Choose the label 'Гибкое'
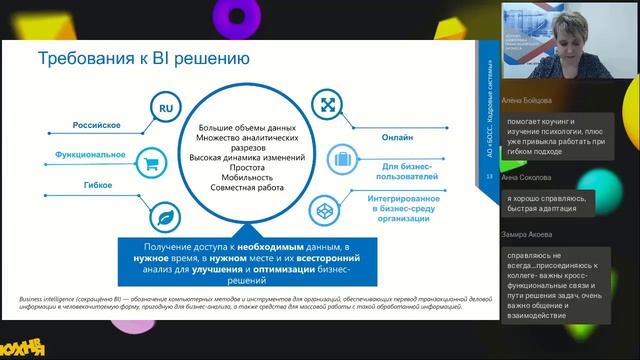pos(97,186)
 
